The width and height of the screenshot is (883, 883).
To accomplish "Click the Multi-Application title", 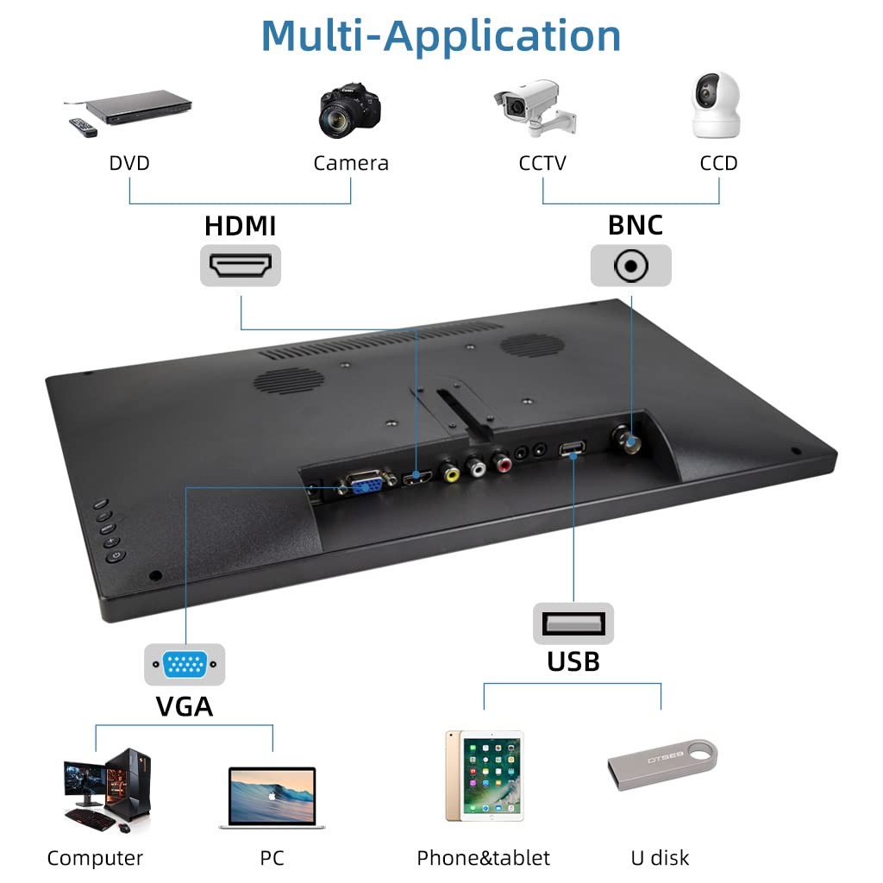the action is tap(441, 36).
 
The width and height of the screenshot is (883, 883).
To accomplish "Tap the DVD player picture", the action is tap(137, 107).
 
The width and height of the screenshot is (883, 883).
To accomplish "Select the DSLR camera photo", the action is tap(350, 110).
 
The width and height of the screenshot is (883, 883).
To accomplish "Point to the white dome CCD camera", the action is tap(716, 105).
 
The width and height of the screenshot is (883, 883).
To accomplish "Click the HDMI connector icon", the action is tap(241, 266).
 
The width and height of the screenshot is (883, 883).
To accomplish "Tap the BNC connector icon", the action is tap(630, 266).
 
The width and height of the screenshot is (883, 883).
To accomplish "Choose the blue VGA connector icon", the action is tap(185, 665).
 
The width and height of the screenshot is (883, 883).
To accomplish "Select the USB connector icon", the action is tap(573, 623).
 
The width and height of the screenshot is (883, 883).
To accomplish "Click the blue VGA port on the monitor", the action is tap(365, 481).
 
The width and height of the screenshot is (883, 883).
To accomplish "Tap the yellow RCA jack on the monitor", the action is tap(450, 473).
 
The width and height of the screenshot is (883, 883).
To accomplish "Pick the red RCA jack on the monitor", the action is tap(502, 463).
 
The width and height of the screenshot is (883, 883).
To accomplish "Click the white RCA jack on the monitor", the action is tap(476, 467).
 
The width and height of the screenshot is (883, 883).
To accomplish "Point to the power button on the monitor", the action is tap(116, 556).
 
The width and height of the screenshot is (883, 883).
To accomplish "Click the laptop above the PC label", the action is tap(272, 798).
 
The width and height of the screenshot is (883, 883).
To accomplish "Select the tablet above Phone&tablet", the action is tap(485, 775).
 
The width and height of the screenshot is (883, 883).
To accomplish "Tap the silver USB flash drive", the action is tap(662, 764).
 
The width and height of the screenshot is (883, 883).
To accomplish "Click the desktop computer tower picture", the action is tap(129, 786).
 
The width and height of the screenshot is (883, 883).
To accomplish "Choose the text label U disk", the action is tap(660, 858).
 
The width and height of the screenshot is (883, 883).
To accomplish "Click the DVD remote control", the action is tap(83, 128).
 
